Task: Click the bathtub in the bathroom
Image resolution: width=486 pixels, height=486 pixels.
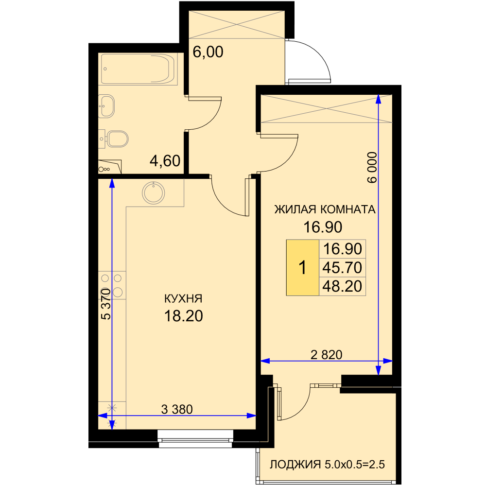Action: tap(139, 69)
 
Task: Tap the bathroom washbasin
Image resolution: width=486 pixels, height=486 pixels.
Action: tap(106, 106)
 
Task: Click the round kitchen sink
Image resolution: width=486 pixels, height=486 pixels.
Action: tap(154, 193)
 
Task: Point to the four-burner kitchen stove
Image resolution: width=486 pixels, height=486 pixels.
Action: tap(112, 285)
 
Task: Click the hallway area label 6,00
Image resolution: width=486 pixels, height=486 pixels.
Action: tap(208, 52)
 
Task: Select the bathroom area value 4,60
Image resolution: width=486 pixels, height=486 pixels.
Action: tap(165, 161)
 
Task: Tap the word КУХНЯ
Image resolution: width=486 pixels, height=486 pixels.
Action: tap(183, 299)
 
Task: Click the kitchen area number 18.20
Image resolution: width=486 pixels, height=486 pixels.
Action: tap(184, 316)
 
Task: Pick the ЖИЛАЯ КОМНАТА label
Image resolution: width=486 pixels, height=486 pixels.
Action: tap(325, 209)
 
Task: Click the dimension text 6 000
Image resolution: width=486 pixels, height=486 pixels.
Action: tap(372, 167)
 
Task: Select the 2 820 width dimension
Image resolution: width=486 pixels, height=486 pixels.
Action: tap(327, 355)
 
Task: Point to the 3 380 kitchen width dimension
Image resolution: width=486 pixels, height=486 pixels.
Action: tap(177, 409)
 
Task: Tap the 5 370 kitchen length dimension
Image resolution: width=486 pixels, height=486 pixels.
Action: tap(106, 304)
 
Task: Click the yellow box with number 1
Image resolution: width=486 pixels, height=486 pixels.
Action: tap(302, 267)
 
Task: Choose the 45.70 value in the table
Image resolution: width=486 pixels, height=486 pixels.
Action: tap(342, 267)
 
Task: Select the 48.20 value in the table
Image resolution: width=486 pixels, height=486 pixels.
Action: tap(342, 286)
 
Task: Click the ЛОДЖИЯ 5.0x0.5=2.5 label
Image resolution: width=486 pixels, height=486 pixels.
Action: tap(327, 465)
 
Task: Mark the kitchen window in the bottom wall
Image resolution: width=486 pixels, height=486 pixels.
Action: tap(195, 438)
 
